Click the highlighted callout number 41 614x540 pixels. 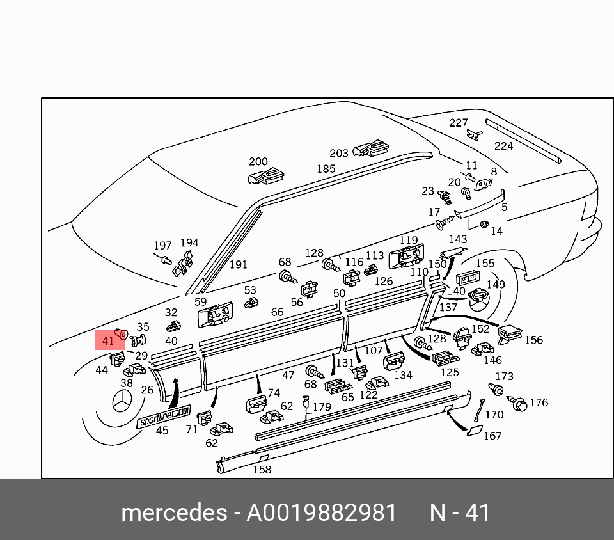(x=108, y=340)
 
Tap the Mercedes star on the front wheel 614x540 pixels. (x=123, y=401)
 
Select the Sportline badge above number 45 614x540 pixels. (x=164, y=417)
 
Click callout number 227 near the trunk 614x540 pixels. (x=458, y=123)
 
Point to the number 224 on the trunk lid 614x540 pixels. (x=503, y=146)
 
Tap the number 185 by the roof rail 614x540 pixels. (x=326, y=169)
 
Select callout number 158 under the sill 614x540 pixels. (x=262, y=469)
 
